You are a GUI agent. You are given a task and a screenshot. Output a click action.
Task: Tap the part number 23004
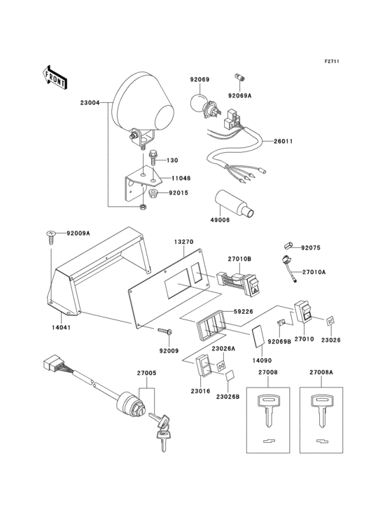click(91, 102)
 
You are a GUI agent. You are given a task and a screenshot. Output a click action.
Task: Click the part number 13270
click(183, 241)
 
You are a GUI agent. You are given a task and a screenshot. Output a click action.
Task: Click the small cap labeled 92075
click(288, 246)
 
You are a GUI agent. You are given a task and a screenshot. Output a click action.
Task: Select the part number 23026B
click(227, 397)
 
